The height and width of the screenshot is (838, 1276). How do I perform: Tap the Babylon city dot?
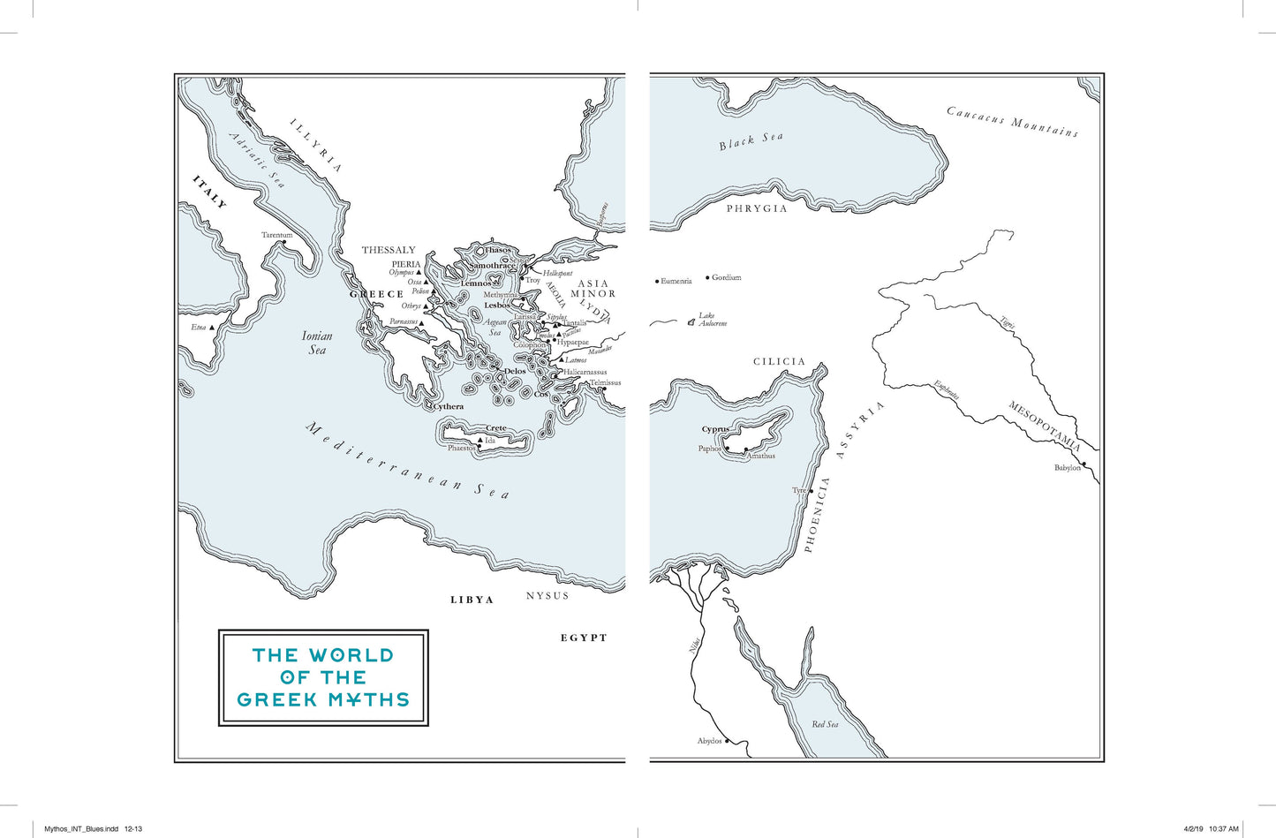tap(1083, 463)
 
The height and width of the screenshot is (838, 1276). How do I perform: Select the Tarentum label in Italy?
tap(276, 235)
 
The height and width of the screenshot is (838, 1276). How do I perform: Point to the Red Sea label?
tap(825, 724)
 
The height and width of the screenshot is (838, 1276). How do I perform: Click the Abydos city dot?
tap(728, 741)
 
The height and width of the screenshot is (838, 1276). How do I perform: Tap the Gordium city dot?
tap(708, 277)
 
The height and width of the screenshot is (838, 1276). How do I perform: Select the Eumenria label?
tap(676, 281)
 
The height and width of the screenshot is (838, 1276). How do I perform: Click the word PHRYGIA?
tap(757, 208)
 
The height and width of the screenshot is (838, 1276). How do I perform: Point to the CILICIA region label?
tap(779, 361)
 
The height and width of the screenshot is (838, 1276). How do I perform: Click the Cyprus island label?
tap(715, 429)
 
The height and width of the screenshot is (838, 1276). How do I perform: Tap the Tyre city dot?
tap(808, 491)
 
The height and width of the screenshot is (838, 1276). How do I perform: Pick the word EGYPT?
tap(584, 638)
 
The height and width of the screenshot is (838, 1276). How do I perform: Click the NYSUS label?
tap(547, 596)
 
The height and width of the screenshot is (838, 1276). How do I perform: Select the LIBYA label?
tap(472, 600)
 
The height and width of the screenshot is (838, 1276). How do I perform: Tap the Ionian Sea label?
tap(317, 343)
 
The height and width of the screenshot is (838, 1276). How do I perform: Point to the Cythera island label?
tap(449, 407)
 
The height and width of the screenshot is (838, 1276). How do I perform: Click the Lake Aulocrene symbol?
tap(691, 323)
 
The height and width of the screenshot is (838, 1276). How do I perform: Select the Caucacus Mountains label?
tap(1012, 121)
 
